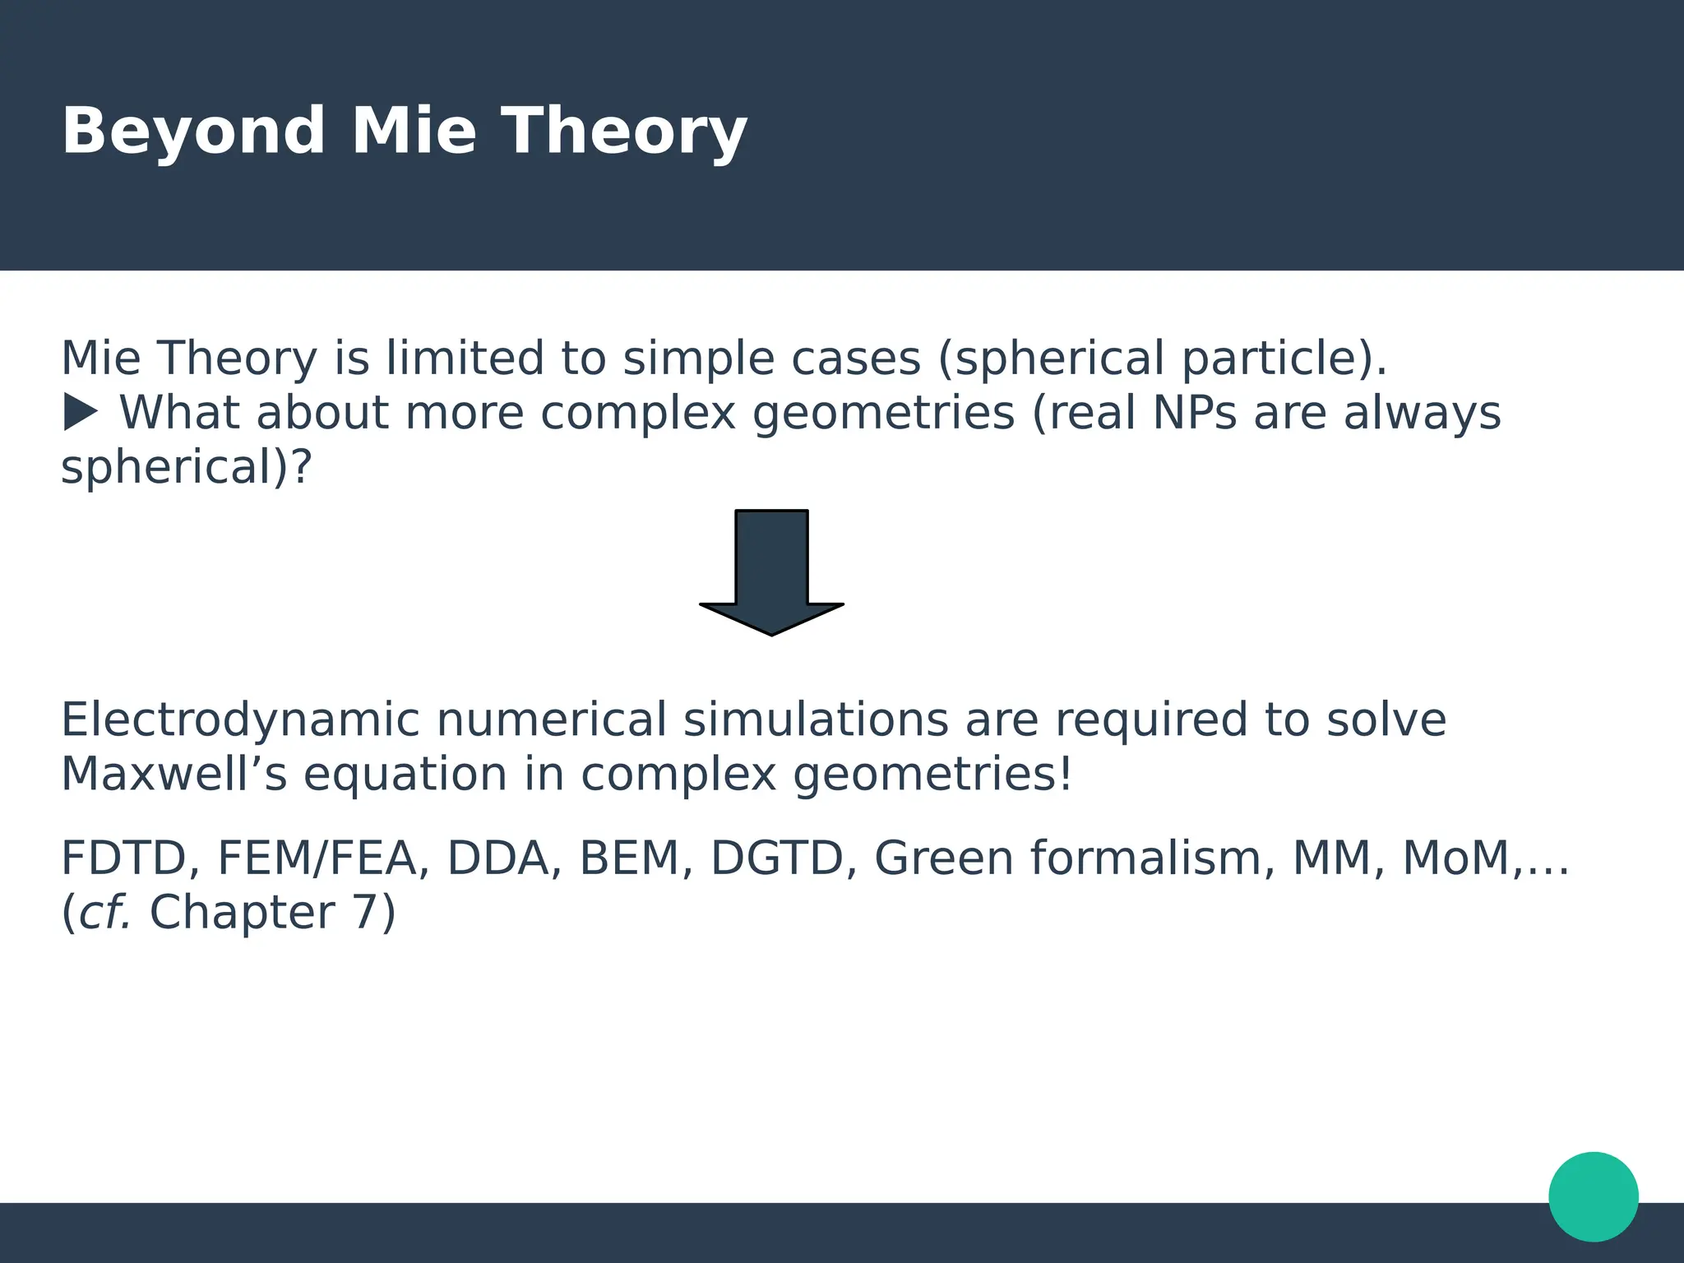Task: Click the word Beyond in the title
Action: point(193,132)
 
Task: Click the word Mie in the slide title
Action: point(414,132)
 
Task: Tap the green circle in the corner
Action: point(1594,1196)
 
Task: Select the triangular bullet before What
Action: point(81,412)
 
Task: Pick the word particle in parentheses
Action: point(1266,359)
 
